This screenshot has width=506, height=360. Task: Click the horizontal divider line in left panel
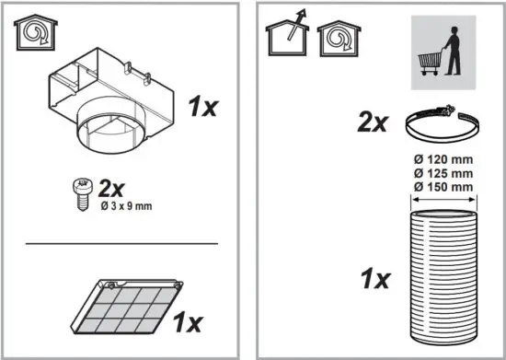click(x=121, y=244)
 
